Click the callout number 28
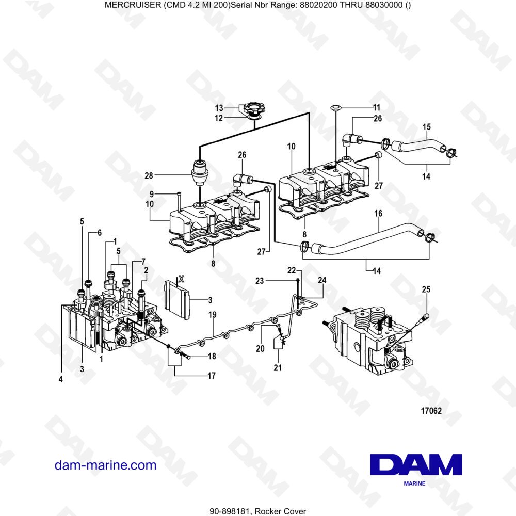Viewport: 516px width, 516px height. pos(149,176)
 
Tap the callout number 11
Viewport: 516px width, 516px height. pos(376,108)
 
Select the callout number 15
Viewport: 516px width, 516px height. pos(427,127)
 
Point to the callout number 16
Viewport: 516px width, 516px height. pos(378,213)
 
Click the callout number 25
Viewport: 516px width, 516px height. pos(426,290)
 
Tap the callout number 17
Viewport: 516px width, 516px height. pos(211,376)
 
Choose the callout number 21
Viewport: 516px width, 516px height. pos(278,367)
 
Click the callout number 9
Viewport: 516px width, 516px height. pos(152,194)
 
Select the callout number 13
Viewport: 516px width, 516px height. pos(219,108)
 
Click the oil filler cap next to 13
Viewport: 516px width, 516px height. pos(254,110)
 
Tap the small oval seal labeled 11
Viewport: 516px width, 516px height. pos(335,108)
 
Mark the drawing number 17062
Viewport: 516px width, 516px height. pos(432,411)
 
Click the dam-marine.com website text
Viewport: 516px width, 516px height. pos(105,465)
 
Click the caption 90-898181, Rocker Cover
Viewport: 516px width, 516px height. pos(257,511)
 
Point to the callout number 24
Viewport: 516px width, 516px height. pos(322,280)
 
